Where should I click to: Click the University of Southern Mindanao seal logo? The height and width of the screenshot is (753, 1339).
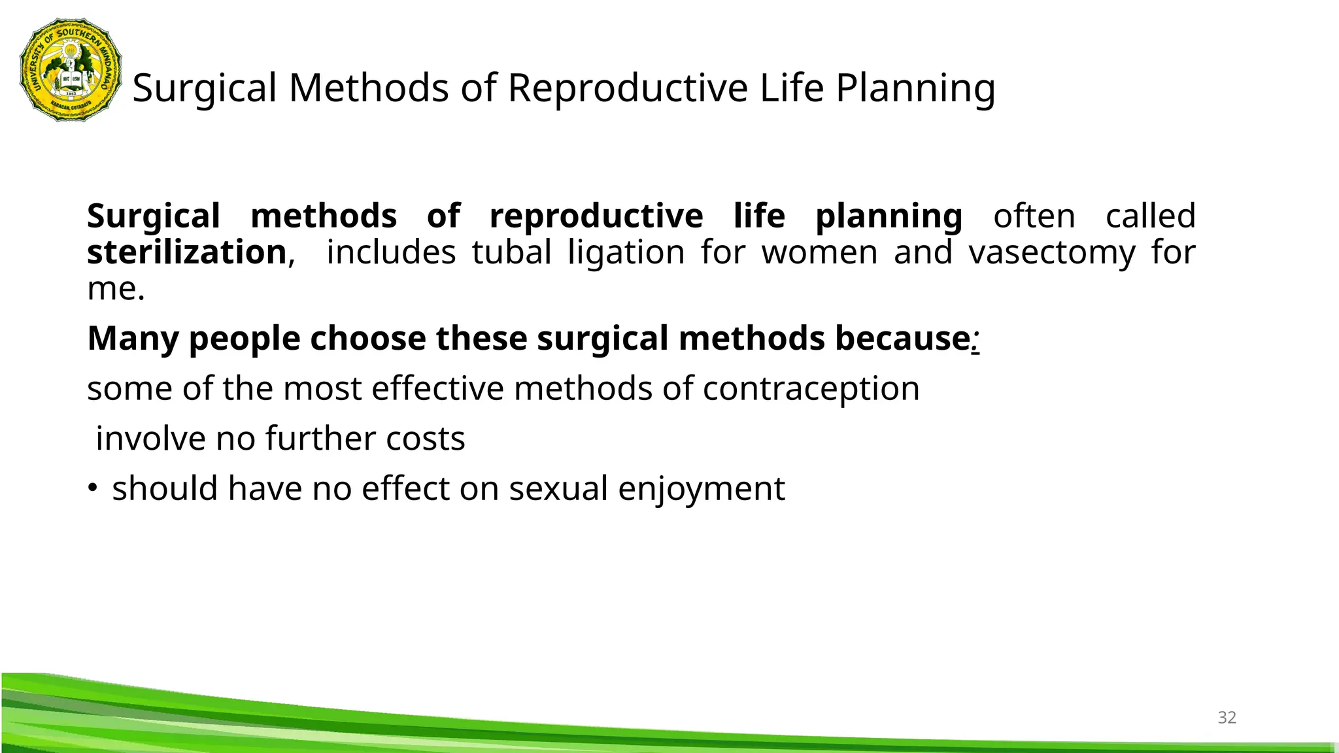tap(71, 70)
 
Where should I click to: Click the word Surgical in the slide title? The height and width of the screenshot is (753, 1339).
tap(205, 88)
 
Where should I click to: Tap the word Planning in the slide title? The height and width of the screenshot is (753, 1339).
tap(915, 88)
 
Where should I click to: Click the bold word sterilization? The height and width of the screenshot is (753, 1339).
tap(187, 252)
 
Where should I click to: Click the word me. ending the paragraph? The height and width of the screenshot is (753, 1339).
tap(116, 289)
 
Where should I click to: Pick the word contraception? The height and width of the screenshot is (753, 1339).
tap(811, 389)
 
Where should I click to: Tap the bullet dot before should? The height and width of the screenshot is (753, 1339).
tap(93, 488)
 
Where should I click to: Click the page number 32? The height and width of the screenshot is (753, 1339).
tap(1227, 718)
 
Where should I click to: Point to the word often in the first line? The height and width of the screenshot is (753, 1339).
tap(1034, 216)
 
